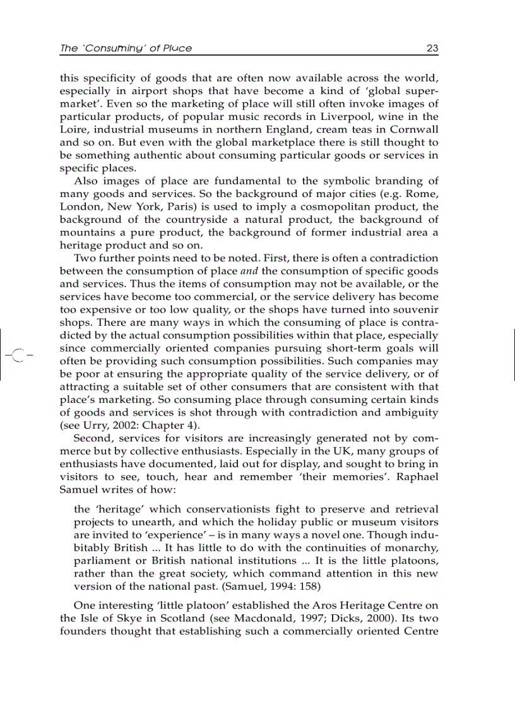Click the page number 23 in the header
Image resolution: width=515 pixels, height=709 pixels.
tap(432, 48)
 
